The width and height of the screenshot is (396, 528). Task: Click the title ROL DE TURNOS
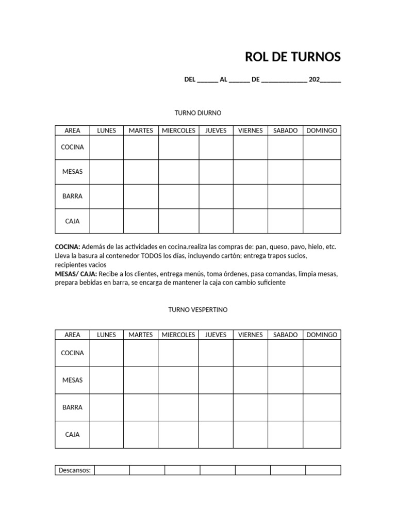point(292,57)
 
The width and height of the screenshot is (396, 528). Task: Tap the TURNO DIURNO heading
point(198,112)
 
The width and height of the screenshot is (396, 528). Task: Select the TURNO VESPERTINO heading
point(198,310)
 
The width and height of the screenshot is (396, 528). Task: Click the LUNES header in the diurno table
point(107,130)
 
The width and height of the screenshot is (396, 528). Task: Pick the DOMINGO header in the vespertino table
point(322,335)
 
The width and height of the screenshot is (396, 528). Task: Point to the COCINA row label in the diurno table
point(72,147)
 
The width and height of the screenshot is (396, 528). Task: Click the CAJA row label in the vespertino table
point(72,435)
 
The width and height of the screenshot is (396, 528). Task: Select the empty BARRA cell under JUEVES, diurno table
point(216,196)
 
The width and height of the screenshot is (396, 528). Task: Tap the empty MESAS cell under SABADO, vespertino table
point(285,380)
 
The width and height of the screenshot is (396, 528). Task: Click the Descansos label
point(75,470)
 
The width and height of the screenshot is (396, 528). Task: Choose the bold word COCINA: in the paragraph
point(68,247)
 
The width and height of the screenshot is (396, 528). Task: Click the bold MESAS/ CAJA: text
point(76,273)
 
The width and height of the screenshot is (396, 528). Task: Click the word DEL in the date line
point(190,79)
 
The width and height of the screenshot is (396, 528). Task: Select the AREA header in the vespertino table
point(72,335)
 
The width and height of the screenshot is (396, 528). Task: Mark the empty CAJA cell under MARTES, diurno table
point(141,221)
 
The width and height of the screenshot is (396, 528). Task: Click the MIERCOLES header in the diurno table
point(178,130)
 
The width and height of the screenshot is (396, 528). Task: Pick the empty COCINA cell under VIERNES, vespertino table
point(251,353)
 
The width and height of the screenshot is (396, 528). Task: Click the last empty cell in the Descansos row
point(323,470)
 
